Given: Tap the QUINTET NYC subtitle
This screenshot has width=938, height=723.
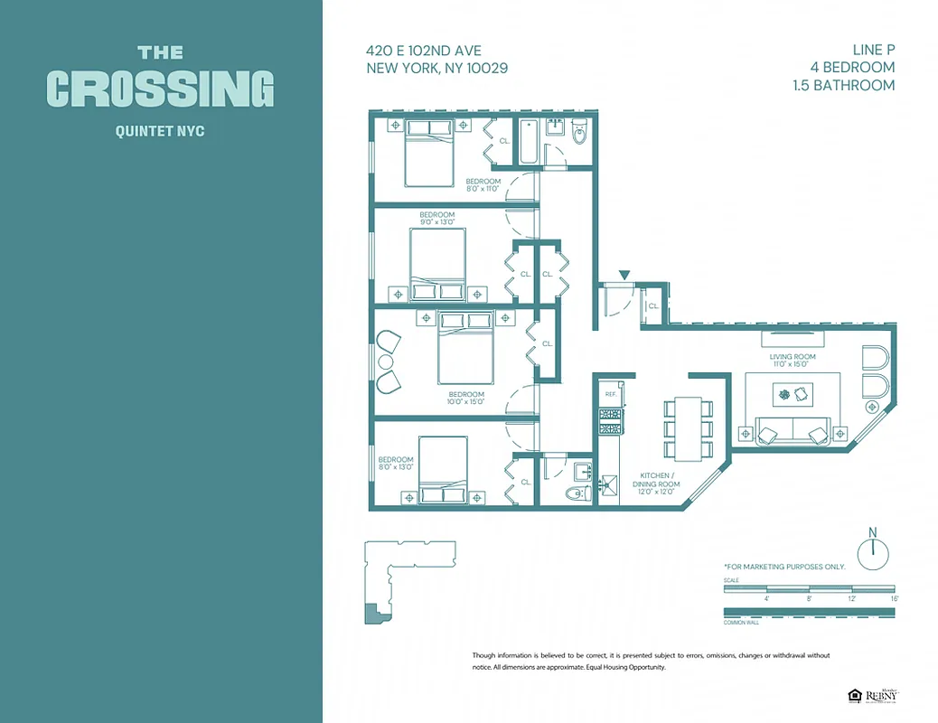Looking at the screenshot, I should [x=160, y=131].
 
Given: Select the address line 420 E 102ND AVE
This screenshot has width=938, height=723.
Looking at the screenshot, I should [x=423, y=52].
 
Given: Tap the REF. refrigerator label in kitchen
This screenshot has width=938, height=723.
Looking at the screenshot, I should [x=610, y=395].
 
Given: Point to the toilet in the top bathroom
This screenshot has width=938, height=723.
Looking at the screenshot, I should [x=580, y=136].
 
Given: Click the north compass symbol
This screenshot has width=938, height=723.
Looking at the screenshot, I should [x=873, y=552].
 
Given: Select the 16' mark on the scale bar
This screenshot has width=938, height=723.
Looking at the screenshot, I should [x=894, y=598].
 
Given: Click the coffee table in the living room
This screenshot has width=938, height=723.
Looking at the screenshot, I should [x=793, y=394].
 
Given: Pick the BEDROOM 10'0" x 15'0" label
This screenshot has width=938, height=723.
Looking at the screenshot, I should [x=466, y=398].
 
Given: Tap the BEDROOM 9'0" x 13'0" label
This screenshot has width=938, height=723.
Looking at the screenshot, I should [x=436, y=218].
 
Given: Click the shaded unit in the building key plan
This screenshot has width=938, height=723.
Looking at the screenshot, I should [x=373, y=614].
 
